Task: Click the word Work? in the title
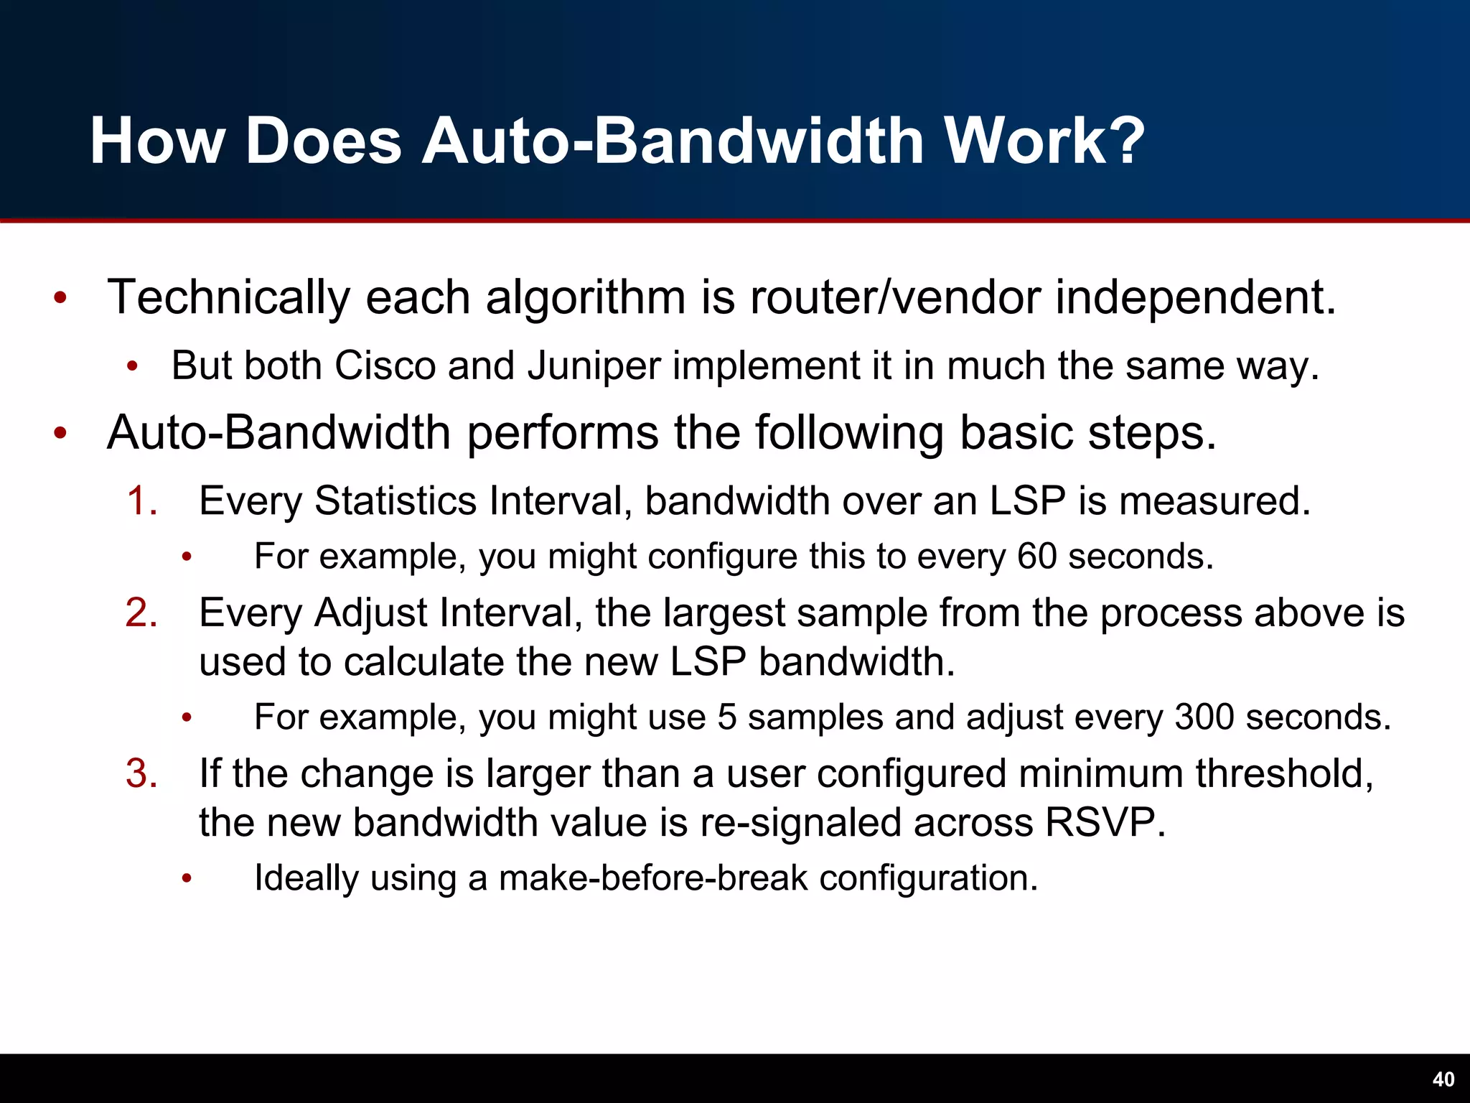click(x=1043, y=141)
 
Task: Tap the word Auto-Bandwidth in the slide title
click(x=672, y=141)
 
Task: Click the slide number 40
click(x=1443, y=1079)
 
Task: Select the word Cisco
click(x=385, y=366)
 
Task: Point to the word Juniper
click(x=594, y=367)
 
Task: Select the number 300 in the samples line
click(x=1204, y=717)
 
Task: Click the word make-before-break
click(x=653, y=878)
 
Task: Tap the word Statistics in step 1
click(x=395, y=501)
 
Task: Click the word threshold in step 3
click(x=1284, y=774)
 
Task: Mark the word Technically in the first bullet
click(x=228, y=297)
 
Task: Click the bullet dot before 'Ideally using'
click(x=187, y=879)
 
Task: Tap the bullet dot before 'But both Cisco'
click(x=131, y=367)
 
